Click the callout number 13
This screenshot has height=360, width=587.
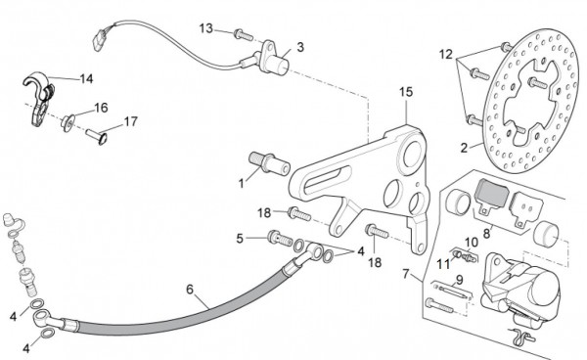coord(205,28)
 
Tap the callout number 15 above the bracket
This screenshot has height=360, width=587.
coord(406,92)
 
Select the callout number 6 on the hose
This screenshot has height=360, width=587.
coord(190,290)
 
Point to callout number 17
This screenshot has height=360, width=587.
coord(131,121)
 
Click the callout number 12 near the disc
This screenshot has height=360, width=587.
coord(446,55)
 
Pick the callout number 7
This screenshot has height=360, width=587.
coord(407,274)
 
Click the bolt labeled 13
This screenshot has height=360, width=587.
coord(244,35)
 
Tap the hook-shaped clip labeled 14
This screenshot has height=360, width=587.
coord(39,98)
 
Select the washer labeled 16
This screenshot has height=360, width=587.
coord(68,122)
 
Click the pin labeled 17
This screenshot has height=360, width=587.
coord(97,136)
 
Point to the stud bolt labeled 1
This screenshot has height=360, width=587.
coord(269,163)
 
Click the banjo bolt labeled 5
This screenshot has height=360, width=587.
coord(280,239)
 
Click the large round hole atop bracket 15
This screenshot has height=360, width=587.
coord(412,154)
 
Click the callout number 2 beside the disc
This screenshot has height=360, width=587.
coord(464,148)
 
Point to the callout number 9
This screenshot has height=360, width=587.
coord(460,280)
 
